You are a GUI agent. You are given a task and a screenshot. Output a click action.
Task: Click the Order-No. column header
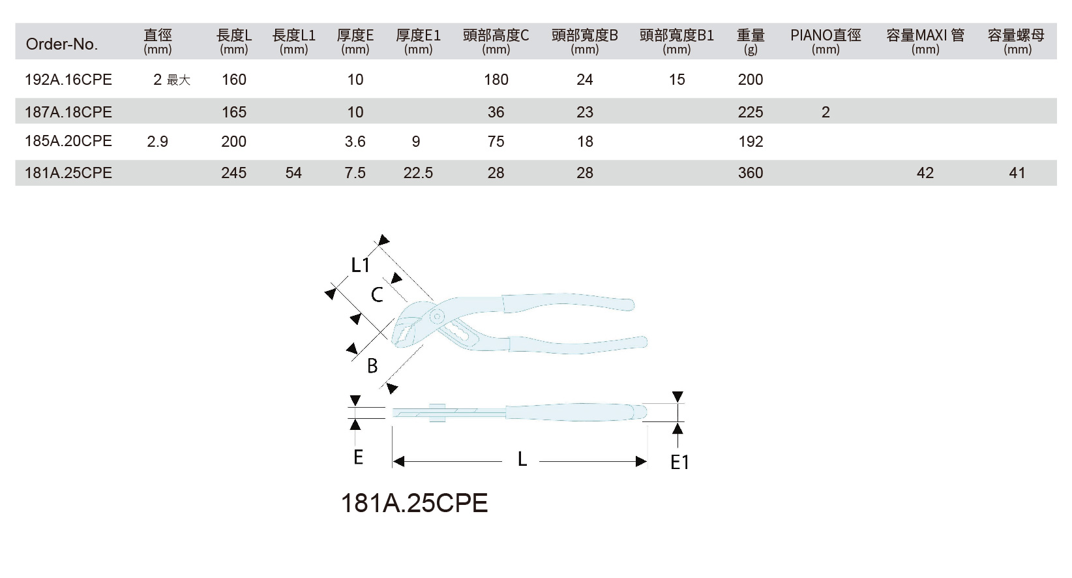coord(62,44)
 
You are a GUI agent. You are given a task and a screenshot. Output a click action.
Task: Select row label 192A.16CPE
coord(68,80)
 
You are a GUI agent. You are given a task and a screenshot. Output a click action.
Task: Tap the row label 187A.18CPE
coord(68,112)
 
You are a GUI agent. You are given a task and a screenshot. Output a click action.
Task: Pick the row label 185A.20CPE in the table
coord(68,142)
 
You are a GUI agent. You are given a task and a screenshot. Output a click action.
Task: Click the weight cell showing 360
coord(751,173)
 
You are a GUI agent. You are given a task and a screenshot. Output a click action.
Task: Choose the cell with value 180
coord(496,80)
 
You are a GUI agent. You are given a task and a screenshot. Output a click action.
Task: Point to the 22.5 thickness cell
coord(418,173)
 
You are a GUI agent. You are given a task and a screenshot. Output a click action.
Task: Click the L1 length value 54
coord(293,173)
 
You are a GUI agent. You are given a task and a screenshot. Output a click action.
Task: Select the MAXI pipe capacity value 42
coord(925,173)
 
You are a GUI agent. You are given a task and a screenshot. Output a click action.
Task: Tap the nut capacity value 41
coord(1017,173)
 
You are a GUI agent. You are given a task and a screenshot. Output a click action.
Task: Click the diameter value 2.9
coord(157,142)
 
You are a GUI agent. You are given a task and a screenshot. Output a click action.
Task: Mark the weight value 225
coord(751,112)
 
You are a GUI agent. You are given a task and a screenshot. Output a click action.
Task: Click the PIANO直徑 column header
coord(826,35)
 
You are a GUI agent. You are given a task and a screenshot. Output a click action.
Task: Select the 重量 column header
coord(751,35)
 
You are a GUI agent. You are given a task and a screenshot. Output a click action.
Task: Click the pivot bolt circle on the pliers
coord(436,316)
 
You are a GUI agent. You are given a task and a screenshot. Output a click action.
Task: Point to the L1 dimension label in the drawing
coord(361,266)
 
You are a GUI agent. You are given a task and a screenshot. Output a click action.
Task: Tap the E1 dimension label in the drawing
coord(679,463)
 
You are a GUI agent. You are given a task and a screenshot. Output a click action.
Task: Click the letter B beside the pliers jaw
coord(372,367)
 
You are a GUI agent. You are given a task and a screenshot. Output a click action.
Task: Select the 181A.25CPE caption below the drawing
coord(415,503)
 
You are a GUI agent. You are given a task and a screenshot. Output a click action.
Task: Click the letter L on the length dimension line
coord(522,460)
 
